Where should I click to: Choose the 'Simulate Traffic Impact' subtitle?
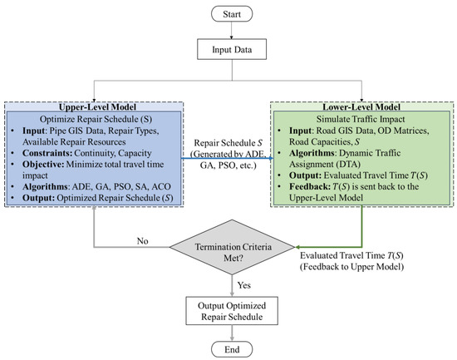[x=360, y=121]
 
